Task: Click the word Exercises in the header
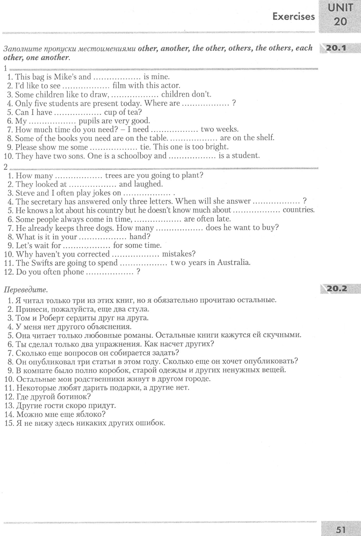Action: [x=293, y=17]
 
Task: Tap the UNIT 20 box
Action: [x=340, y=15]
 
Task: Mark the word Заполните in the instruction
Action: [x=22, y=49]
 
